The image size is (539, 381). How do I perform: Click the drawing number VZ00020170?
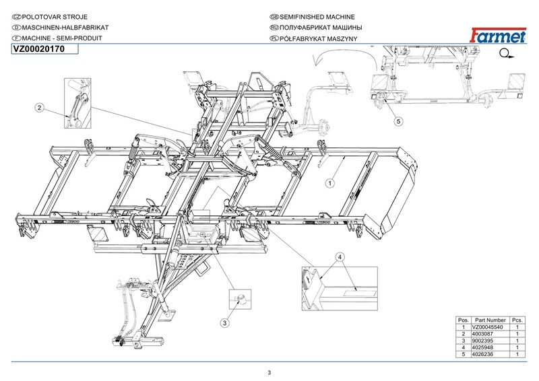click(38, 48)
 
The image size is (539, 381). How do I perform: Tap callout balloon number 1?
click(331, 182)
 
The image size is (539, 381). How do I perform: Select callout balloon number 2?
click(40, 107)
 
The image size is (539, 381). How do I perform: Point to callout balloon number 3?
click(225, 323)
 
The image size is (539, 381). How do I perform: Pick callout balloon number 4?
click(340, 258)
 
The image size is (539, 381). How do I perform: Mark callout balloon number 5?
click(398, 121)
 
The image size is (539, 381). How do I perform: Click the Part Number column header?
click(490, 319)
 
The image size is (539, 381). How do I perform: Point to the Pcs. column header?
click(517, 319)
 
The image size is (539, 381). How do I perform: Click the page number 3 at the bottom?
click(269, 373)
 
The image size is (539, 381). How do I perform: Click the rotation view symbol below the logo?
click(507, 55)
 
